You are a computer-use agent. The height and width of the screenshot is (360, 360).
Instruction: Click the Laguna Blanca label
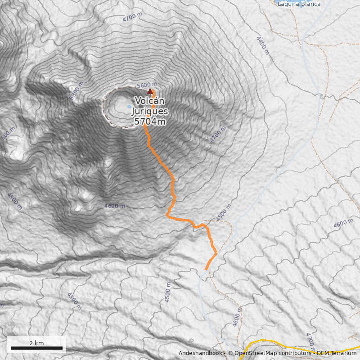tap(299, 4)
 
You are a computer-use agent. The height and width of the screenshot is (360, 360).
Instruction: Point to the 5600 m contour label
tap(147, 85)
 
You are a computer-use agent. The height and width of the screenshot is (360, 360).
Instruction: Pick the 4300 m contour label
tap(74, 301)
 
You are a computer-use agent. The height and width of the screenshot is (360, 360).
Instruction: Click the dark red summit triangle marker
tap(150, 91)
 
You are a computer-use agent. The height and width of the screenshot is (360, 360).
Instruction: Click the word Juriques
tap(150, 112)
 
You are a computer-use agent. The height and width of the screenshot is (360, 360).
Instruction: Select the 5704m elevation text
tap(150, 121)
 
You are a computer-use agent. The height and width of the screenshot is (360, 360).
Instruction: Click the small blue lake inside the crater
tap(130, 107)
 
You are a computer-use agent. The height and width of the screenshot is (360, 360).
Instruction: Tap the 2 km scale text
tap(36, 343)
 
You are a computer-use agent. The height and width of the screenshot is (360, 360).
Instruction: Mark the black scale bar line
tap(36, 348)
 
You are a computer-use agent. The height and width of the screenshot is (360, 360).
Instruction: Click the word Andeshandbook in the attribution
tap(200, 353)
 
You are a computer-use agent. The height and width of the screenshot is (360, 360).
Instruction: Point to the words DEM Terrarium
tap(337, 353)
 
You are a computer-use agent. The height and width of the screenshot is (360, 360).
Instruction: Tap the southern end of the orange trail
tap(207, 270)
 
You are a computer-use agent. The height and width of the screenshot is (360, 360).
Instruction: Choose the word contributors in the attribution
tap(293, 353)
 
